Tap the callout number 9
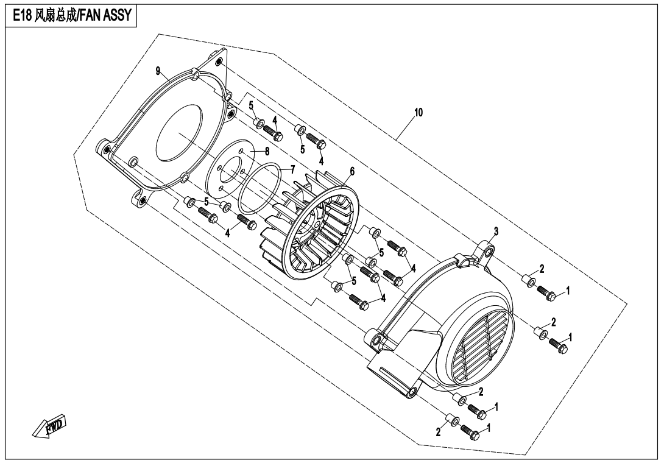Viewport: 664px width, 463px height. coord(158,71)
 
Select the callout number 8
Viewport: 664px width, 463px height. coord(267,151)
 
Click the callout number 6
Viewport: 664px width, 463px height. coord(352,171)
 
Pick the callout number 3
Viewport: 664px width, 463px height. coord(496,231)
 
